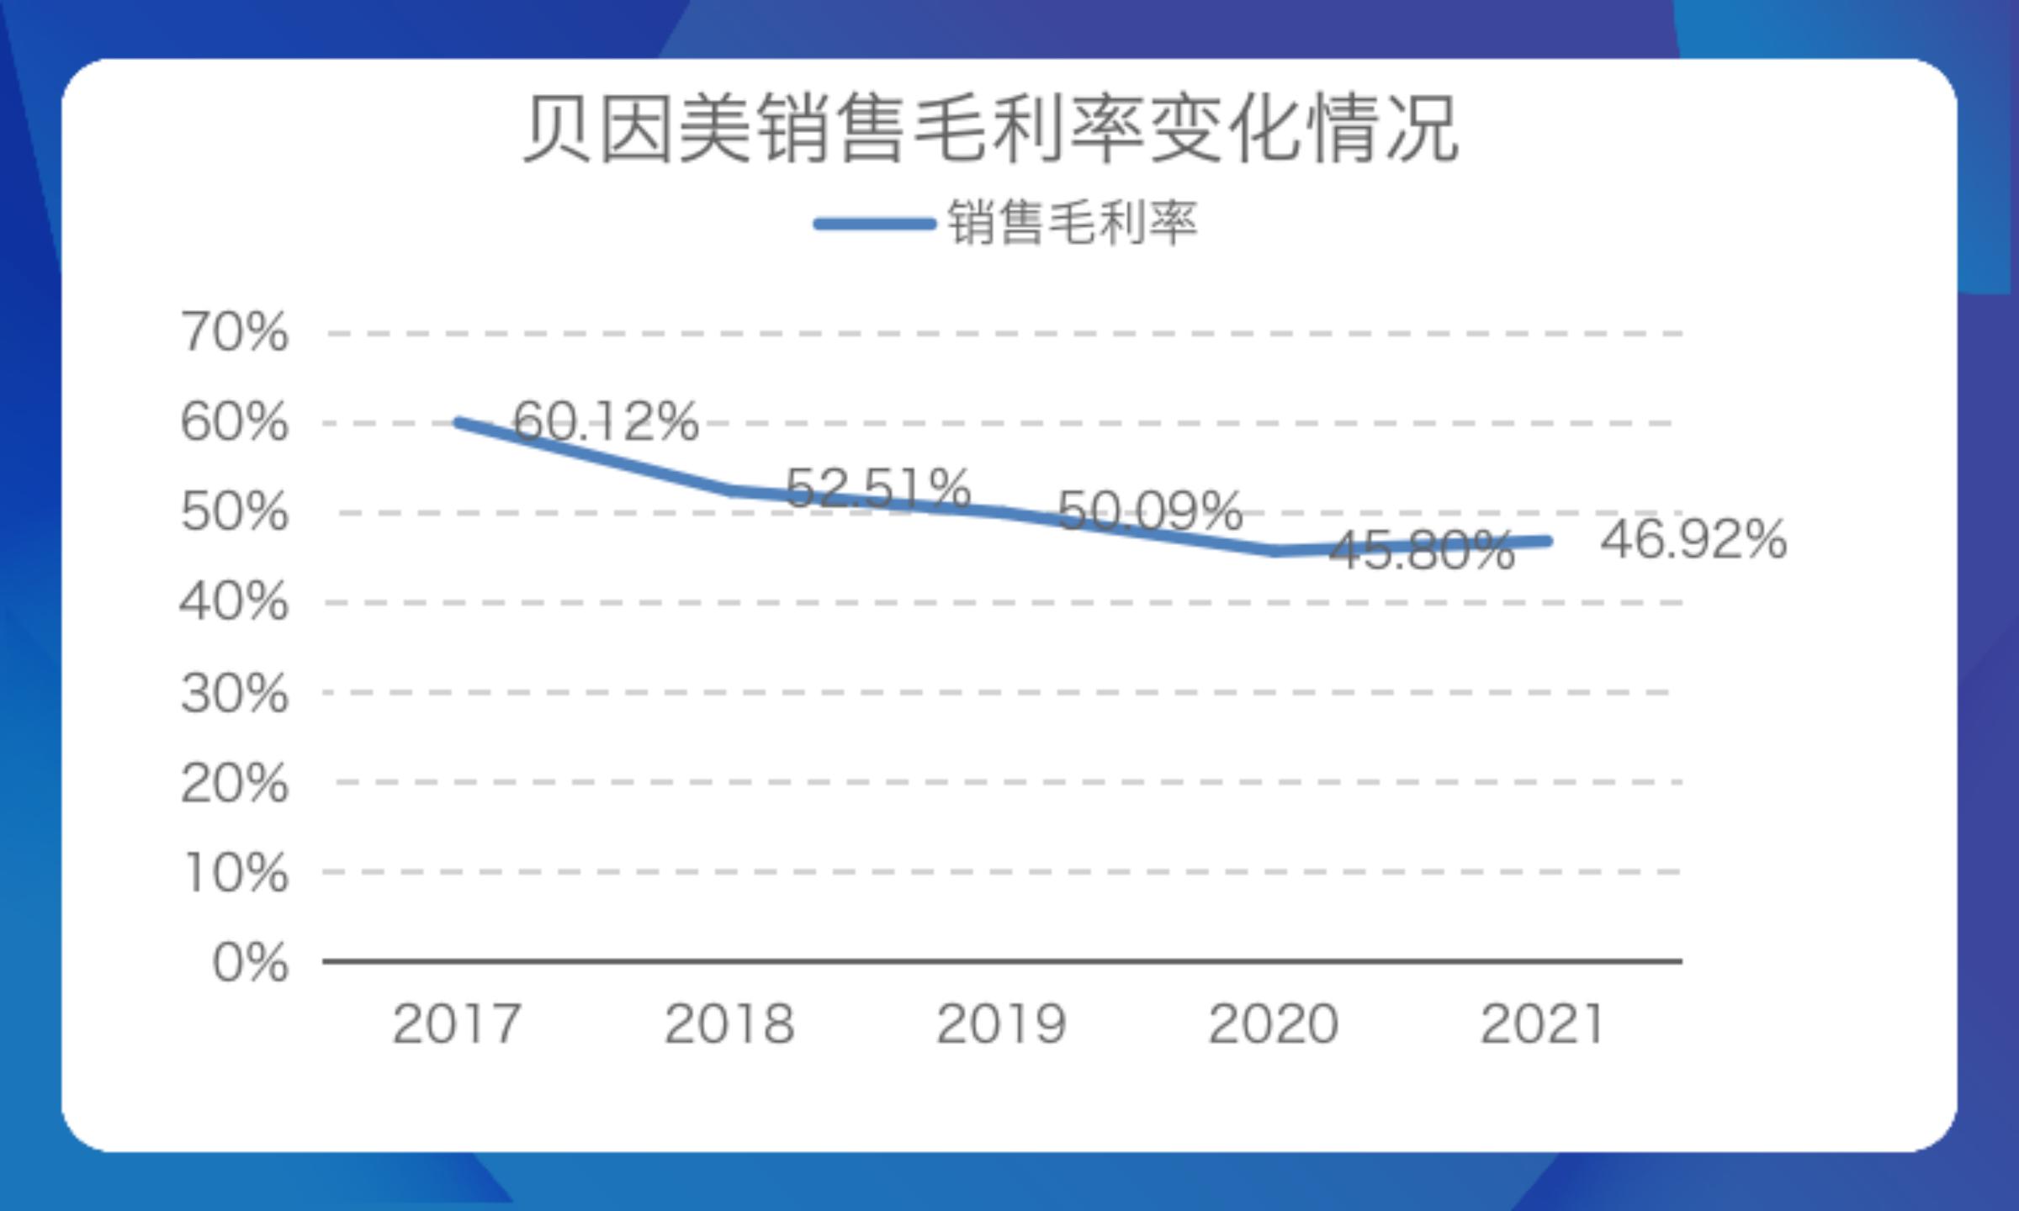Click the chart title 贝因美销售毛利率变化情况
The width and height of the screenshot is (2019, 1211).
point(991,130)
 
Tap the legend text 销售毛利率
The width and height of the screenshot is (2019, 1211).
point(1072,224)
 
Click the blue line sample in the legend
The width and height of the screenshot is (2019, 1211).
point(875,224)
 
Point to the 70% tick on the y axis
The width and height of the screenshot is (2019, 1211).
point(235,331)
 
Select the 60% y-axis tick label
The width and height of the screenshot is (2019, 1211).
point(235,421)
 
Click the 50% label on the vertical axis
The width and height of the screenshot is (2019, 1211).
point(235,511)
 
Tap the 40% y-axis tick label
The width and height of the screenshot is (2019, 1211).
point(235,602)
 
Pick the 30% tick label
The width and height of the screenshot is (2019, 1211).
point(235,693)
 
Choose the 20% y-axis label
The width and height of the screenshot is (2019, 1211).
point(235,783)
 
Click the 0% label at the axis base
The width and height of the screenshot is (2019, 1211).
point(251,962)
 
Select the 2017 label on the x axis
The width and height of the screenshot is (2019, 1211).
point(457,1024)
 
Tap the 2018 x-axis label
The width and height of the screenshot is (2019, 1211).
point(729,1024)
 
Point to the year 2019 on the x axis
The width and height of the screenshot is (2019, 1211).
point(1001,1024)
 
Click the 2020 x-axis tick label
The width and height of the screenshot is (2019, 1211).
point(1273,1024)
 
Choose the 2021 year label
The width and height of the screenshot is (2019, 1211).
point(1542,1024)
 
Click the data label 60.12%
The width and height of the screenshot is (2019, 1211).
point(606,420)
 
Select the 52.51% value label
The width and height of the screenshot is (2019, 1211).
point(877,488)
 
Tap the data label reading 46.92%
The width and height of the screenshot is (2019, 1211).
point(1693,540)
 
